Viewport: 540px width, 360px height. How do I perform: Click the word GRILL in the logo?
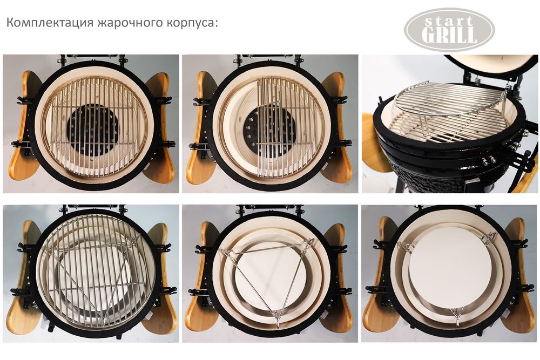pos(449,36)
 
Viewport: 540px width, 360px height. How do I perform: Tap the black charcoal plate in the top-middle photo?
pos(254,130)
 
